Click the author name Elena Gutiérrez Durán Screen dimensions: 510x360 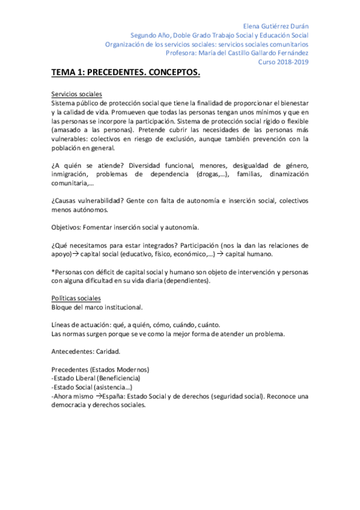point(275,26)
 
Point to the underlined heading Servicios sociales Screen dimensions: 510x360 point(77,94)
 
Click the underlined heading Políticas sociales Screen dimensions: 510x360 point(76,298)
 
